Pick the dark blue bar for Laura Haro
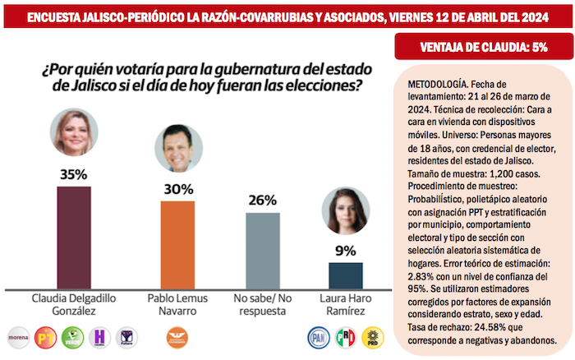coord(345,275)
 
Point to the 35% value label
coord(73,174)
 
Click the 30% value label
coord(177,189)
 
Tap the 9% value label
coord(345,251)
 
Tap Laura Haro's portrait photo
coord(345,211)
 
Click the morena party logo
coord(19,336)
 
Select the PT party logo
coord(46,336)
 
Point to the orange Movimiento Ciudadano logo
coord(177,336)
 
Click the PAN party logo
coord(318,336)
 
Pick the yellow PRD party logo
coord(372,336)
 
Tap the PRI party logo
coord(345,336)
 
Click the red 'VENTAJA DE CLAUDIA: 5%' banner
coord(482,47)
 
